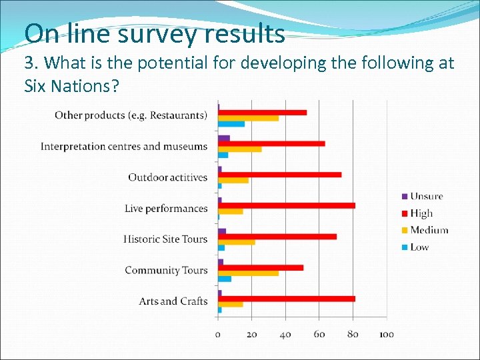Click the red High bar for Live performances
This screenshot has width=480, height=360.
[x=287, y=205]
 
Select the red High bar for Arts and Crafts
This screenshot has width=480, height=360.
[x=287, y=299]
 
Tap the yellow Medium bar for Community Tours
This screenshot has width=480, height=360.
[x=248, y=273]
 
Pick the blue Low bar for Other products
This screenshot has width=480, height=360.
[x=231, y=124]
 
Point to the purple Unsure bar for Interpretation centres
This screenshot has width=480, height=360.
[x=224, y=139]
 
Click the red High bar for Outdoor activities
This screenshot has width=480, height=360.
[x=280, y=175]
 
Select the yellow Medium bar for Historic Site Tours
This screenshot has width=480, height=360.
[x=237, y=242]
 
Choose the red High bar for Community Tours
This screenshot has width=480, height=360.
[x=261, y=267]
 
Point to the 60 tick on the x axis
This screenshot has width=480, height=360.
[x=319, y=334]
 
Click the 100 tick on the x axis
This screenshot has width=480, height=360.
[x=386, y=334]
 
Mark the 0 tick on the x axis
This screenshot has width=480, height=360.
[x=218, y=334]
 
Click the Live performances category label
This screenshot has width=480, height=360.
[x=166, y=209]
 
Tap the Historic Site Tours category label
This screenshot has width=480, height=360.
[x=165, y=239]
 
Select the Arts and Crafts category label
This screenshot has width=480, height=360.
[x=173, y=301]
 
